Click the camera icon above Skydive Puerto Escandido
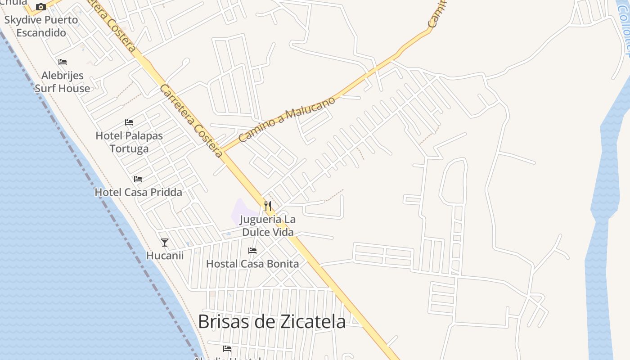(x=41, y=7)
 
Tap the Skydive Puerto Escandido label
(x=41, y=26)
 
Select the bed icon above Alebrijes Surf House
(x=63, y=62)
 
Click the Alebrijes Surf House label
(x=62, y=82)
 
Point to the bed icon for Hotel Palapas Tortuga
(x=129, y=122)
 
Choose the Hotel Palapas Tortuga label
(x=129, y=142)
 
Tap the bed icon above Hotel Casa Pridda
(x=138, y=179)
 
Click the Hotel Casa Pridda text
(x=138, y=193)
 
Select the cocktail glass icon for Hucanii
(x=165, y=243)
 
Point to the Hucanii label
(x=165, y=256)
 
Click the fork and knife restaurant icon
(x=268, y=206)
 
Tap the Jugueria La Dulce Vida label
(x=268, y=226)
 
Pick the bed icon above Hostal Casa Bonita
(x=252, y=251)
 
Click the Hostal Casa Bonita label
(x=252, y=264)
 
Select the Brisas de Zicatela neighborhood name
(x=272, y=322)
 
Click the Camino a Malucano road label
(x=287, y=119)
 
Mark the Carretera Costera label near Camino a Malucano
(x=191, y=121)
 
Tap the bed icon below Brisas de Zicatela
(x=227, y=348)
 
